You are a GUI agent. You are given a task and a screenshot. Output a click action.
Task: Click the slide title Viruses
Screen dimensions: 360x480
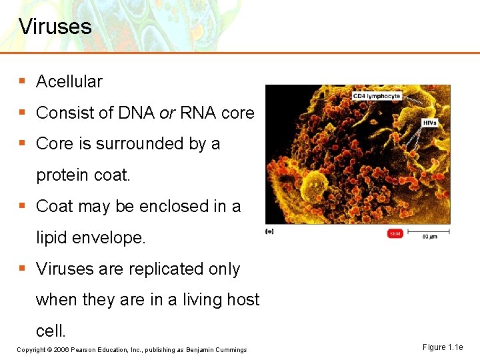pyautogui.click(x=55, y=27)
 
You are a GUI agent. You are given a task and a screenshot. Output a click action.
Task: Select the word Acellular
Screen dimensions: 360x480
pyautogui.click(x=69, y=81)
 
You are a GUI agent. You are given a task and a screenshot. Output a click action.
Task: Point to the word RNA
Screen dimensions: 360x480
pyautogui.click(x=198, y=113)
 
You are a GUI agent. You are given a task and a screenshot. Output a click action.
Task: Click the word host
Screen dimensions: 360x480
pyautogui.click(x=241, y=300)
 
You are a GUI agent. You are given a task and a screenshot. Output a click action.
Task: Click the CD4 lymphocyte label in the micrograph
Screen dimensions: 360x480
pyautogui.click(x=377, y=96)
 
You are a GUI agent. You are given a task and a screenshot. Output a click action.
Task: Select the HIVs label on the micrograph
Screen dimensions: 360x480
pyautogui.click(x=430, y=123)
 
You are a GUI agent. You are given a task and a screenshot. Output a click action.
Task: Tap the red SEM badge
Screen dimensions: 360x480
pyautogui.click(x=395, y=233)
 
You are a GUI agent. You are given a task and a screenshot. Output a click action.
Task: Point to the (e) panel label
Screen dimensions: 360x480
pyautogui.click(x=269, y=231)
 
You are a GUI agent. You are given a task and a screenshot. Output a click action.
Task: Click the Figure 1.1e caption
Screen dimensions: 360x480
pyautogui.click(x=442, y=347)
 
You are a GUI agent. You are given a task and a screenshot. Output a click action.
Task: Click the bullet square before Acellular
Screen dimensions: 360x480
pyautogui.click(x=22, y=81)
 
